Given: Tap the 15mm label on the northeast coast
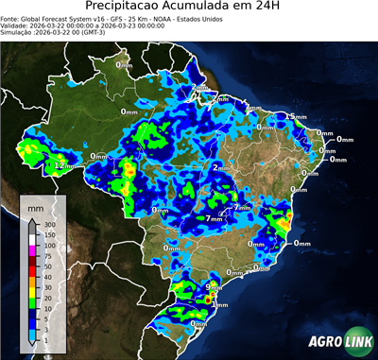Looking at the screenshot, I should click(x=296, y=116).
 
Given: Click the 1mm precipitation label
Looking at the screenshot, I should click(x=220, y=304).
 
